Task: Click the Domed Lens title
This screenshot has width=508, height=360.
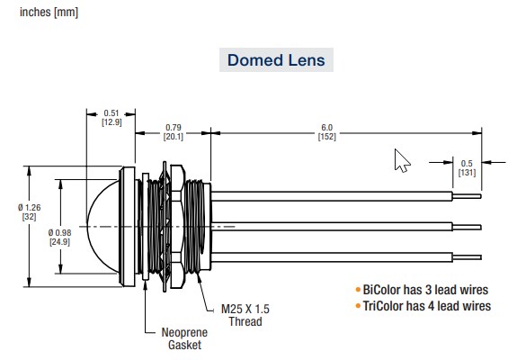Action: (x=276, y=61)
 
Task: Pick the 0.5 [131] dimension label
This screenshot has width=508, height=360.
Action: (x=466, y=167)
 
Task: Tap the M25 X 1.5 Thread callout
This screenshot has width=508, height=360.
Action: (x=245, y=314)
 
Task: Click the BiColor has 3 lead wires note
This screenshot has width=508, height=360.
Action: (x=427, y=290)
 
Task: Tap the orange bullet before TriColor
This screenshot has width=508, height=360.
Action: (x=358, y=306)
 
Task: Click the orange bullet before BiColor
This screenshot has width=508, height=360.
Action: (x=358, y=290)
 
